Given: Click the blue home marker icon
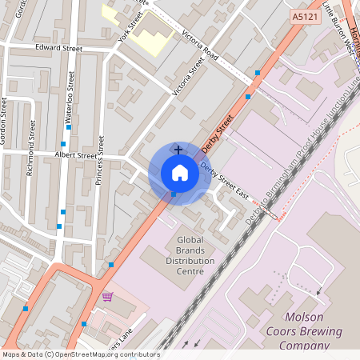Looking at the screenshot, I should click(179, 172).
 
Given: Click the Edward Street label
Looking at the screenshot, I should click(58, 48).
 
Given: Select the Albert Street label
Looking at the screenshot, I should click(75, 154).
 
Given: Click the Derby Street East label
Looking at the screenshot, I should click(225, 179).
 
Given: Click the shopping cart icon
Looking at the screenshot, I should click(107, 297).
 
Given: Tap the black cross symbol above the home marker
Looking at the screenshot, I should click(178, 150).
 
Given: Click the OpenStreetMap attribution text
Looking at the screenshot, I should click(81, 354).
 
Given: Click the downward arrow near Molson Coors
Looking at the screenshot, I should click(319, 292).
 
